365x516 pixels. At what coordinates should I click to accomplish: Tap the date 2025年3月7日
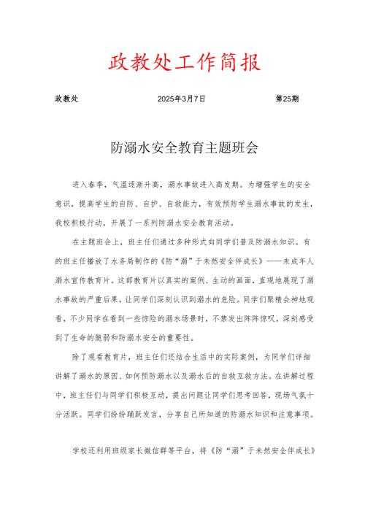coord(181,98)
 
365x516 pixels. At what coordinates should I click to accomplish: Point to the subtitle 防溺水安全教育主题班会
coord(182,147)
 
